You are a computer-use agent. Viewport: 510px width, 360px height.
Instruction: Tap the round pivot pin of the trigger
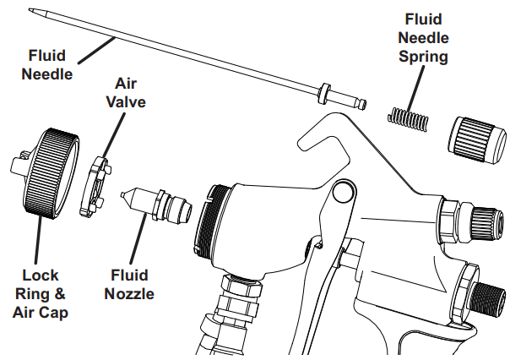coord(342,194)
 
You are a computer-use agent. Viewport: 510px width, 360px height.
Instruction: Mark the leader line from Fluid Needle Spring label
coord(420,85)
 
